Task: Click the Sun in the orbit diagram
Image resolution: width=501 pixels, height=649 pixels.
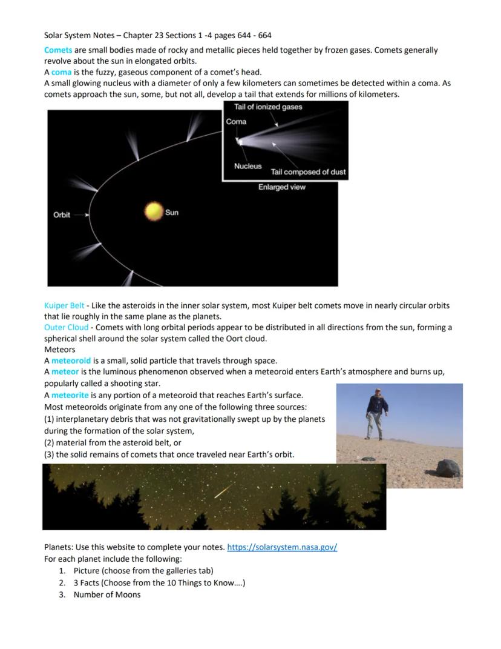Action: pyautogui.click(x=154, y=211)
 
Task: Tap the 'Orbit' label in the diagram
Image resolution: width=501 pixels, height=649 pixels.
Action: pyautogui.click(x=62, y=215)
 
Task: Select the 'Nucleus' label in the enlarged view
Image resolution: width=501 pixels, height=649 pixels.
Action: pyautogui.click(x=248, y=166)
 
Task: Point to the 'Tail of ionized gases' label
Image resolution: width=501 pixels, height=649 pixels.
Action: pyautogui.click(x=268, y=107)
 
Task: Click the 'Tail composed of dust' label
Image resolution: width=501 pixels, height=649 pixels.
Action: pyautogui.click(x=308, y=172)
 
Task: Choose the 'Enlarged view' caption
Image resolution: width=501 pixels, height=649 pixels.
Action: pyautogui.click(x=282, y=187)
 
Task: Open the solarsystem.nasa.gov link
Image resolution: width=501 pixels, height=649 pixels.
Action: pyautogui.click(x=282, y=547)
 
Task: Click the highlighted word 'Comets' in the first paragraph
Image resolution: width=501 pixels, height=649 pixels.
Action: pyautogui.click(x=58, y=50)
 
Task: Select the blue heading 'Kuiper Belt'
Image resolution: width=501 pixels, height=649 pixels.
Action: pyautogui.click(x=64, y=305)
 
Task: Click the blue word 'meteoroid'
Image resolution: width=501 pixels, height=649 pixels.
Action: pyautogui.click(x=71, y=361)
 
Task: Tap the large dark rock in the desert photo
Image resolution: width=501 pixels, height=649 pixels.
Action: pyautogui.click(x=448, y=468)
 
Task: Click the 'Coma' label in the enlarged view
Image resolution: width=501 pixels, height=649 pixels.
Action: pyautogui.click(x=236, y=122)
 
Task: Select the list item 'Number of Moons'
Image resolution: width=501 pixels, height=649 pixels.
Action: pyautogui.click(x=107, y=594)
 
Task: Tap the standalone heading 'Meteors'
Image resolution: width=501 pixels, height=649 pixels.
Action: pyautogui.click(x=59, y=350)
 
